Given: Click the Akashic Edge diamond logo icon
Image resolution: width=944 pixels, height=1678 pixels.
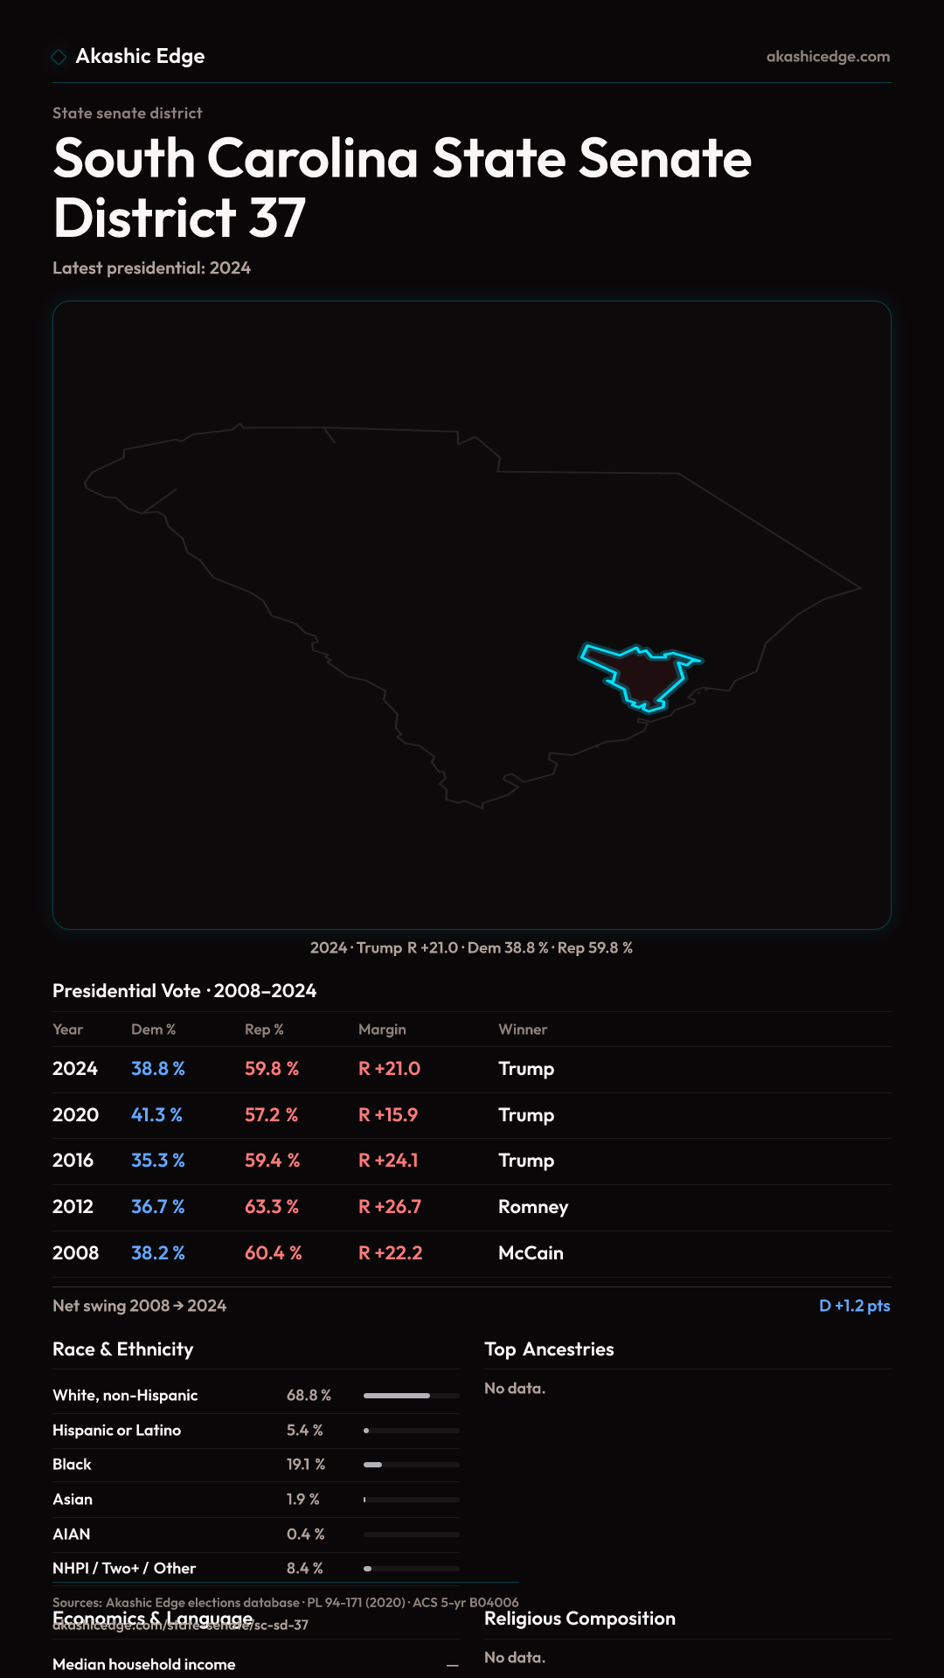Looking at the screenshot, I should [x=59, y=57].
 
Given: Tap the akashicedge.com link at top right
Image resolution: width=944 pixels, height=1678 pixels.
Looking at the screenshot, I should [x=828, y=57].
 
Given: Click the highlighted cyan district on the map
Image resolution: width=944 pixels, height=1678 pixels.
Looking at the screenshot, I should [x=642, y=676].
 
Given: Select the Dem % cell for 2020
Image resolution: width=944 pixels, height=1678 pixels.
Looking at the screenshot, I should [x=156, y=1115].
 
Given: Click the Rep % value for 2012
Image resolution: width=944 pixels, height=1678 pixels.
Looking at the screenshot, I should [x=271, y=1207].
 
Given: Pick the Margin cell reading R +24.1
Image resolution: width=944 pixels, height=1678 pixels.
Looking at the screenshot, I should [x=388, y=1161].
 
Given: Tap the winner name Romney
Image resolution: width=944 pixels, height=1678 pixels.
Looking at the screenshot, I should [x=532, y=1207].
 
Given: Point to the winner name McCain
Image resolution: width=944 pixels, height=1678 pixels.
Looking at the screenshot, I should [x=531, y=1253].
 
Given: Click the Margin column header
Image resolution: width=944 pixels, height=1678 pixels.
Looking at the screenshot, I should [x=382, y=1030].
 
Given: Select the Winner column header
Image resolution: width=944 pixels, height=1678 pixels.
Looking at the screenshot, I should [x=523, y=1030].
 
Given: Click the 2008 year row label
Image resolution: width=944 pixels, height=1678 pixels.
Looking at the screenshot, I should [x=75, y=1253].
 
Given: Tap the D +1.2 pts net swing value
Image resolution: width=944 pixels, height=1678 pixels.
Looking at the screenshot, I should [x=854, y=1306].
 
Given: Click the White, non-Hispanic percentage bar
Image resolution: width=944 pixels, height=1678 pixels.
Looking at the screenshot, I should [x=411, y=1396].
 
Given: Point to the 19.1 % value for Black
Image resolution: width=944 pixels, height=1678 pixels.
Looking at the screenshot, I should [x=305, y=1465].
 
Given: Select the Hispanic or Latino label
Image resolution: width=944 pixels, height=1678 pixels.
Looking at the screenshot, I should [x=116, y=1431].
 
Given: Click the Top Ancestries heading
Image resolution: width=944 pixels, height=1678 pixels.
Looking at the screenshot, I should [x=549, y=1349].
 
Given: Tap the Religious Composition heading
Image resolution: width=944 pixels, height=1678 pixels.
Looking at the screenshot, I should [x=580, y=1619].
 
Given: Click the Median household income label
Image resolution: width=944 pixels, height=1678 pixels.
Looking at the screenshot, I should [x=143, y=1665].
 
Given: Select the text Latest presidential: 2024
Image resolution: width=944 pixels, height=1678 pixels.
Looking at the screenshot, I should [x=151, y=268].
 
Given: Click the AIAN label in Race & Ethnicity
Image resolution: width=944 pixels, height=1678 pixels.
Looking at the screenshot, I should [x=71, y=1535].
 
